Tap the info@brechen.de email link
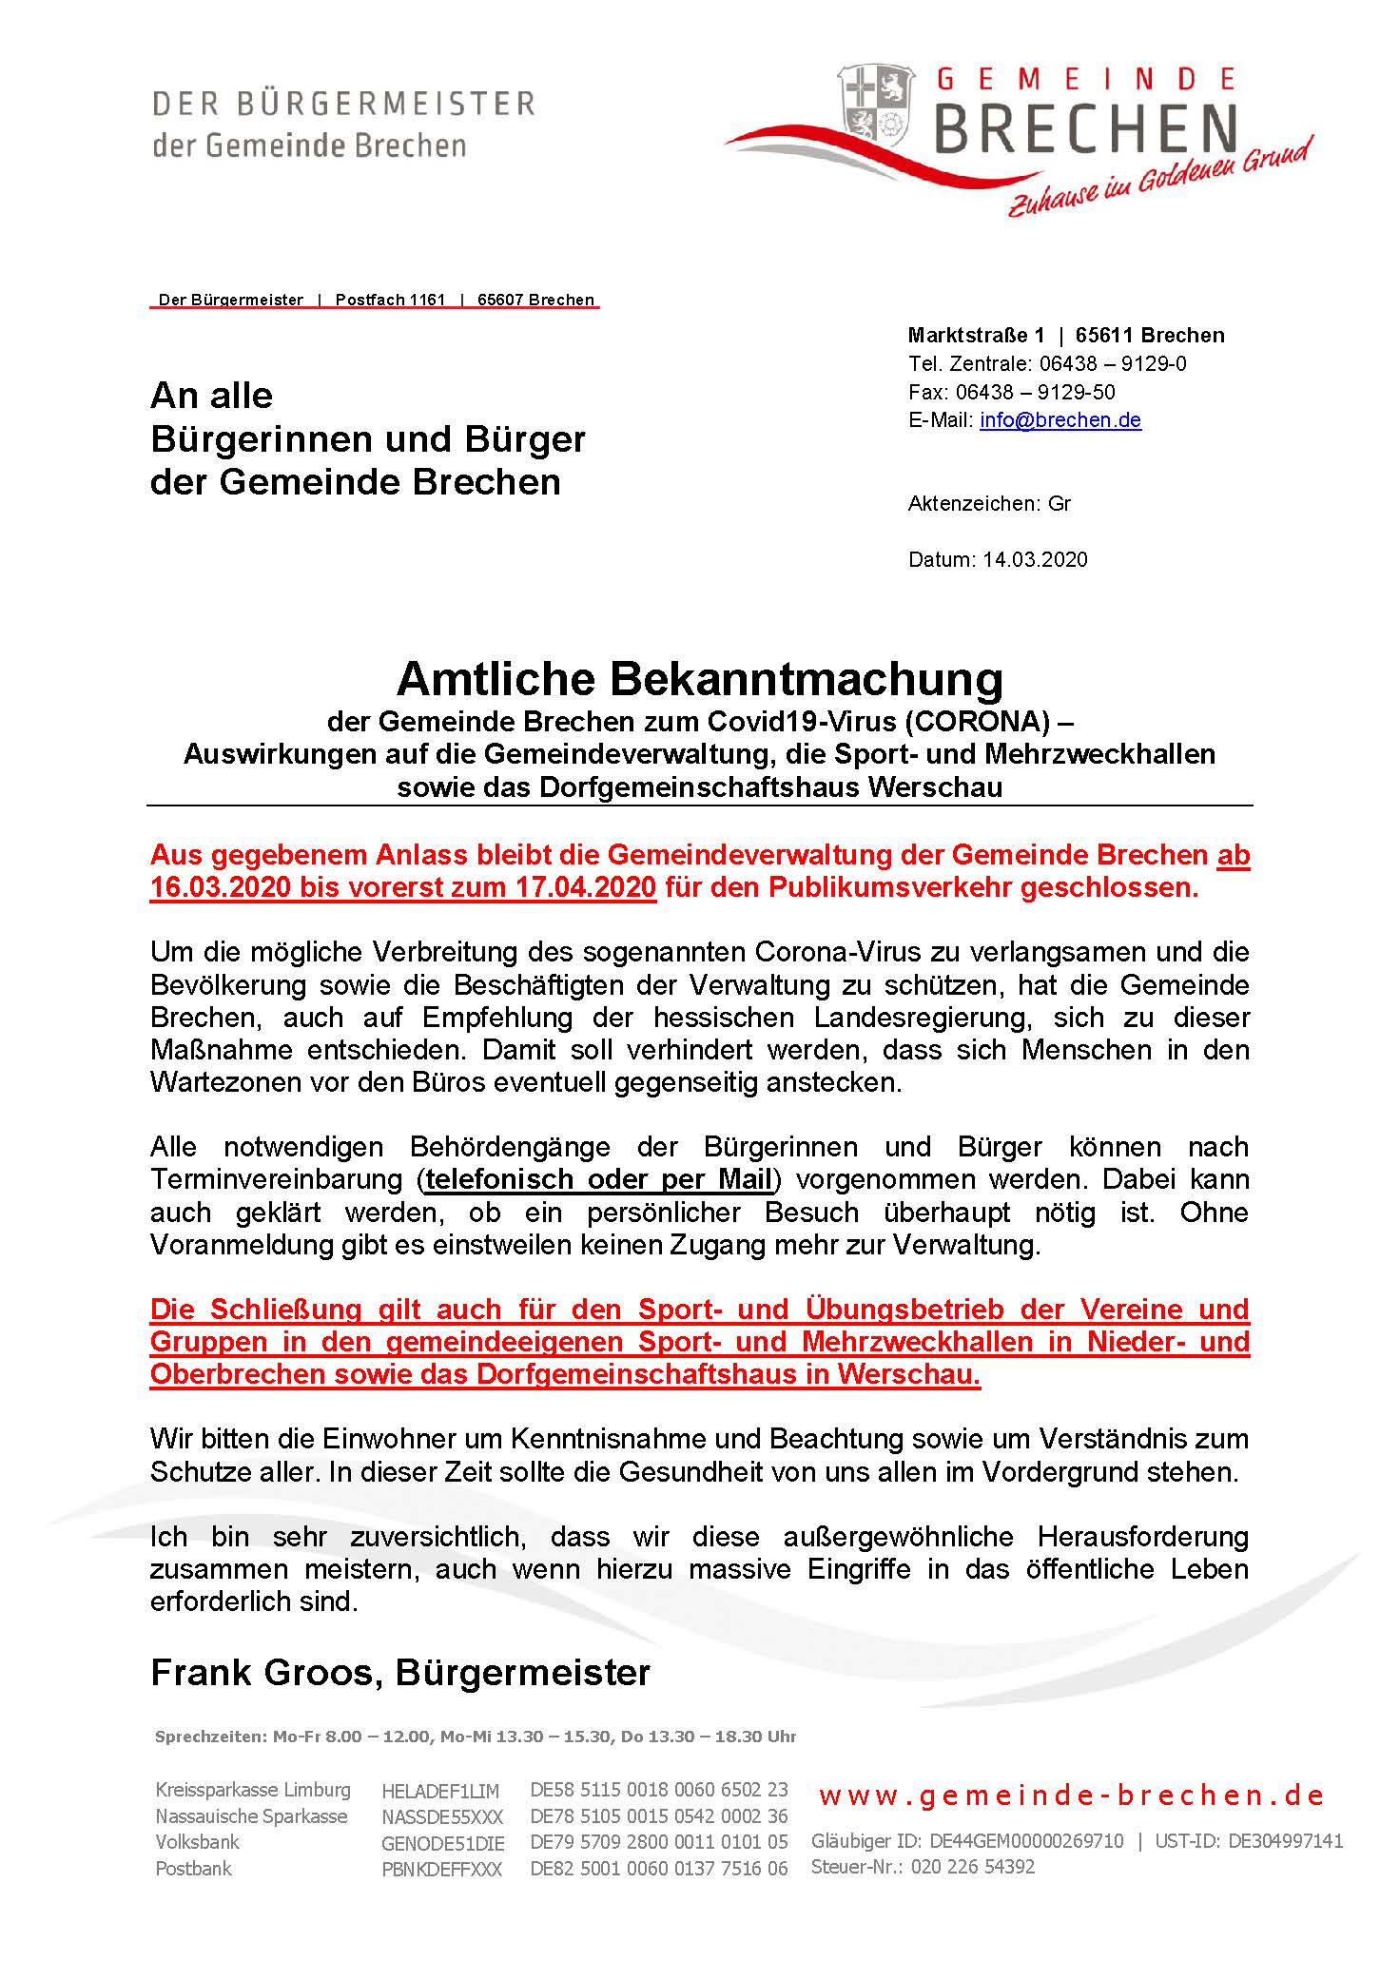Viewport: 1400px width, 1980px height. point(1060,420)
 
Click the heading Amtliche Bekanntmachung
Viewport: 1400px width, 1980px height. point(699,678)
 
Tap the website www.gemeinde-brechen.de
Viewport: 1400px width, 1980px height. point(1071,1796)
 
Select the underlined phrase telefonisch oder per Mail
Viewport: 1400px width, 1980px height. point(598,1179)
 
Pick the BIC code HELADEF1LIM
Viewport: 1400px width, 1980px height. point(439,1792)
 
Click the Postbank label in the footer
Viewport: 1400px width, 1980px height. point(193,1868)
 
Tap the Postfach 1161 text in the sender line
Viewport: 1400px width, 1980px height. point(390,300)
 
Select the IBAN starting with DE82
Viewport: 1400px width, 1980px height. point(658,1868)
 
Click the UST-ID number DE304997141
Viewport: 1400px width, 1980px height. point(1285,1841)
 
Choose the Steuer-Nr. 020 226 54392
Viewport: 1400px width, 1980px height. point(972,1867)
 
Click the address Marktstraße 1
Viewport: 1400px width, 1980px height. point(975,335)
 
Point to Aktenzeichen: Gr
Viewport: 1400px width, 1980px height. point(989,504)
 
